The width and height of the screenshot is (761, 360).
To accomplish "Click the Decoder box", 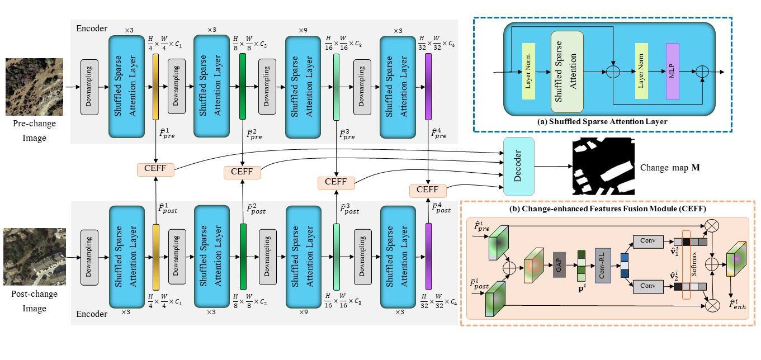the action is (x=518, y=167).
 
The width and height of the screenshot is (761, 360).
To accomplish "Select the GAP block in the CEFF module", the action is (x=559, y=264).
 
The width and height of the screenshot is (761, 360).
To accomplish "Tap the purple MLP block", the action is (x=672, y=71).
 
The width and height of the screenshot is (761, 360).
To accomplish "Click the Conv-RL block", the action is (x=603, y=266).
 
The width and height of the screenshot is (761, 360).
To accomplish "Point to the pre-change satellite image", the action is (x=34, y=87).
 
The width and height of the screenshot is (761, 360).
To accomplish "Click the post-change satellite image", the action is (x=35, y=257).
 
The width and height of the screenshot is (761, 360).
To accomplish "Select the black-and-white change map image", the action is (x=603, y=166).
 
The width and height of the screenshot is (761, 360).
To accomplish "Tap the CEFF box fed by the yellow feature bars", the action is (x=155, y=169).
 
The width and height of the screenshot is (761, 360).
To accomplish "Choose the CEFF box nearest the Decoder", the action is (x=427, y=191).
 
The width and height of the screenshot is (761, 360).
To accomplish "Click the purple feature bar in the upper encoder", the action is (x=428, y=87).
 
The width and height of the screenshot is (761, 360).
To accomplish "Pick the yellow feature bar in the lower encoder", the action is (x=156, y=257).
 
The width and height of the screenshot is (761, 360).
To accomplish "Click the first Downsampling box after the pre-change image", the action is (x=89, y=87).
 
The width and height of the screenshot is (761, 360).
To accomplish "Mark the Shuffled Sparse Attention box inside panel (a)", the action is (x=567, y=72).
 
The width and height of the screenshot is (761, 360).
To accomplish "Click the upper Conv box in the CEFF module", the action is (x=648, y=241).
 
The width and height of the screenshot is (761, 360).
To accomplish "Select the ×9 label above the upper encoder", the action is (x=302, y=30).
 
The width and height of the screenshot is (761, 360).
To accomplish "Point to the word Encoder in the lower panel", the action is (x=92, y=314).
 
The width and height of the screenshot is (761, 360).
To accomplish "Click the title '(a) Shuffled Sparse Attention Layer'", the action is (x=602, y=122).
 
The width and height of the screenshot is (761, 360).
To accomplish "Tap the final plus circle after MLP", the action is (x=702, y=72).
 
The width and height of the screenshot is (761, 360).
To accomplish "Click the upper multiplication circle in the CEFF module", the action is (x=712, y=225).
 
